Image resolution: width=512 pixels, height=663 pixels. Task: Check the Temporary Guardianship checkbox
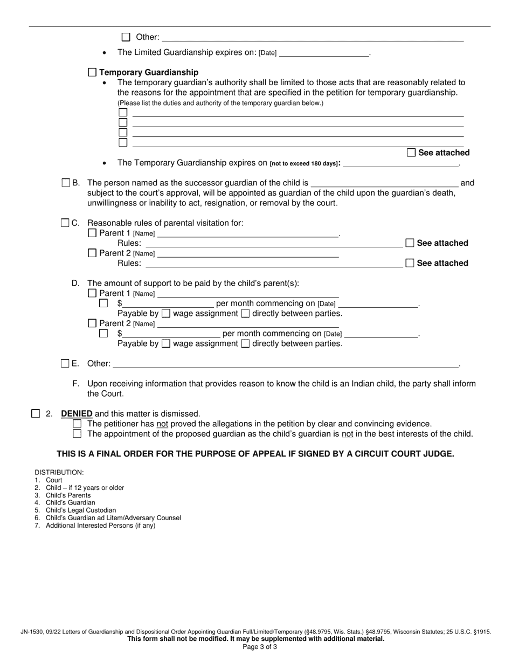pyautogui.click(x=92, y=72)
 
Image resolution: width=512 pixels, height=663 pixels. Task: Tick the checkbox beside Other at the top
pyautogui.click(x=126, y=37)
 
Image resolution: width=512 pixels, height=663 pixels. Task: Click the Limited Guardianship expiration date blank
pyautogui.click(x=324, y=53)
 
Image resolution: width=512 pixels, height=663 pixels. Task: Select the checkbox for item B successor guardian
pyautogui.click(x=66, y=183)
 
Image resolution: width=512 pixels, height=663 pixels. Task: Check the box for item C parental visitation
pyautogui.click(x=65, y=223)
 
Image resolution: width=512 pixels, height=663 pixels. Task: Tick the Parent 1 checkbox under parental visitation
pyautogui.click(x=92, y=233)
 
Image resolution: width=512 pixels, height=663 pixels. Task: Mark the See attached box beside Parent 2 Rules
pyautogui.click(x=410, y=263)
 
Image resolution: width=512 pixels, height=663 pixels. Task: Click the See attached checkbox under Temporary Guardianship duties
pyautogui.click(x=411, y=153)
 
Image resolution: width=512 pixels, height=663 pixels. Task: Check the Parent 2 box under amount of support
pyautogui.click(x=92, y=323)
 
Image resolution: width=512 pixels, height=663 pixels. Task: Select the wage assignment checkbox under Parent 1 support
pyautogui.click(x=167, y=313)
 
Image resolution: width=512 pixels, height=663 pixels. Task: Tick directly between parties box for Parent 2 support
pyautogui.click(x=245, y=343)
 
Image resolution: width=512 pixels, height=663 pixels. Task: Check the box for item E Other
pyautogui.click(x=65, y=363)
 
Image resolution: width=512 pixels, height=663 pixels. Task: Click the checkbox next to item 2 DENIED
pyautogui.click(x=36, y=413)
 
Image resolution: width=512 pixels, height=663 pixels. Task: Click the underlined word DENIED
pyautogui.click(x=77, y=414)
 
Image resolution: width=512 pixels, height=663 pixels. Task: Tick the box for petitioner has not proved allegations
pyautogui.click(x=77, y=424)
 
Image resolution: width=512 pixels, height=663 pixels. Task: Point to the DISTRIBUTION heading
pyautogui.click(x=59, y=472)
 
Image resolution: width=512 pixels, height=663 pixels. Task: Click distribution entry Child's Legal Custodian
pyautogui.click(x=80, y=510)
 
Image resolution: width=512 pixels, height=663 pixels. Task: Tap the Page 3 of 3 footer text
pyautogui.click(x=260, y=647)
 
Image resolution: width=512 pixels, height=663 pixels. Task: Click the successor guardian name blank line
pyautogui.click(x=384, y=184)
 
